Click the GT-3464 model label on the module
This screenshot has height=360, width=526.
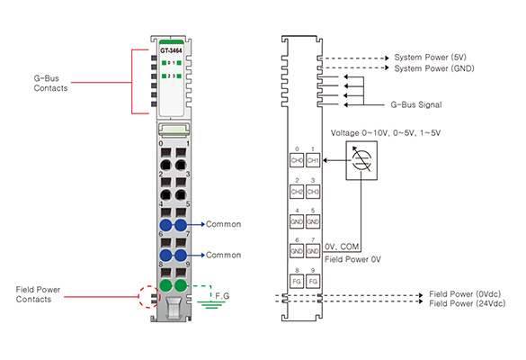tap(171, 50)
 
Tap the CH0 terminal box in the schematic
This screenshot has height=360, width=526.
tap(297, 160)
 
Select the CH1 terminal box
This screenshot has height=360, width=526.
tap(313, 160)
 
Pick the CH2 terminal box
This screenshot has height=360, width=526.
tap(297, 192)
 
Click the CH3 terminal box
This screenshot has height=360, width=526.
tap(313, 192)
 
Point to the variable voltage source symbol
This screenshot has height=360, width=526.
tap(361, 160)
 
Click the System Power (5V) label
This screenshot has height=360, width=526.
tap(430, 57)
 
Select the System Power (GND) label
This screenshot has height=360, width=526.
tap(434, 68)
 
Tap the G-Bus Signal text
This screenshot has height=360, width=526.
tap(416, 104)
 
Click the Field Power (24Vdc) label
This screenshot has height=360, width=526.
tap(467, 303)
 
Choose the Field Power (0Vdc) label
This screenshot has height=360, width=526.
tap(465, 294)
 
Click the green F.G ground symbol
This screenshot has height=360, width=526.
tap(210, 305)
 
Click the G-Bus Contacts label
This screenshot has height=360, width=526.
tap(50, 84)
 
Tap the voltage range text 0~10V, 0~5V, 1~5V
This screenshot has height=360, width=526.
tap(386, 133)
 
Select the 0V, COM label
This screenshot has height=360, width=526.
tap(342, 247)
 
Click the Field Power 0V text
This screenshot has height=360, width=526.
tap(352, 259)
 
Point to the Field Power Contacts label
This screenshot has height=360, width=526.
tap(38, 294)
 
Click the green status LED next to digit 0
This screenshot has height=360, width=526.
tap(164, 63)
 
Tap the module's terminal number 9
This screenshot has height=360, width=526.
tap(188, 265)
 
